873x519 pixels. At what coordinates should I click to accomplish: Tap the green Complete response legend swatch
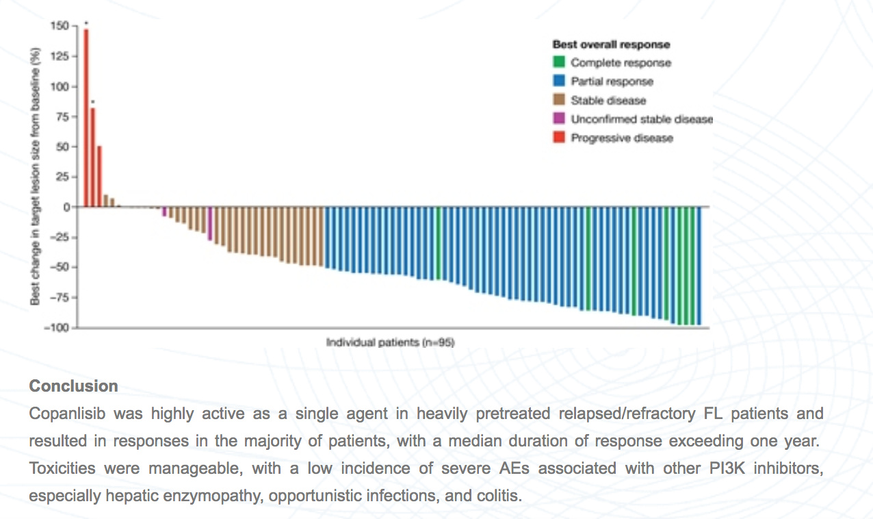pyautogui.click(x=559, y=62)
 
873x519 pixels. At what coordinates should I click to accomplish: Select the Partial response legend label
pyautogui.click(x=612, y=81)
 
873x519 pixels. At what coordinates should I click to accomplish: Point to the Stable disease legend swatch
pyautogui.click(x=559, y=100)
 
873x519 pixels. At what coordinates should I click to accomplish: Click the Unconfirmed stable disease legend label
pyautogui.click(x=641, y=119)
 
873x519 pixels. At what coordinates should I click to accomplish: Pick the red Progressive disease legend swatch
pyautogui.click(x=559, y=138)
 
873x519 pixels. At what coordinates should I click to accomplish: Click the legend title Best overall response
pyautogui.click(x=611, y=45)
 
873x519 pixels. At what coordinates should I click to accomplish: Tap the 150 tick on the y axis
pyautogui.click(x=60, y=26)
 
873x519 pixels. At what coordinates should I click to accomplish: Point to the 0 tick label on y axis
pyautogui.click(x=66, y=207)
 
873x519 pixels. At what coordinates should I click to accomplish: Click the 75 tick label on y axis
pyautogui.click(x=62, y=116)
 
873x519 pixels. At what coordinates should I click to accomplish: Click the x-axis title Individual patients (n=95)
pyautogui.click(x=390, y=342)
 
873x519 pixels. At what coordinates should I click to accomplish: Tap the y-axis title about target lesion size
pyautogui.click(x=35, y=176)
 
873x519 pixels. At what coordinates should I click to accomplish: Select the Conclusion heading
pyautogui.click(x=73, y=386)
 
